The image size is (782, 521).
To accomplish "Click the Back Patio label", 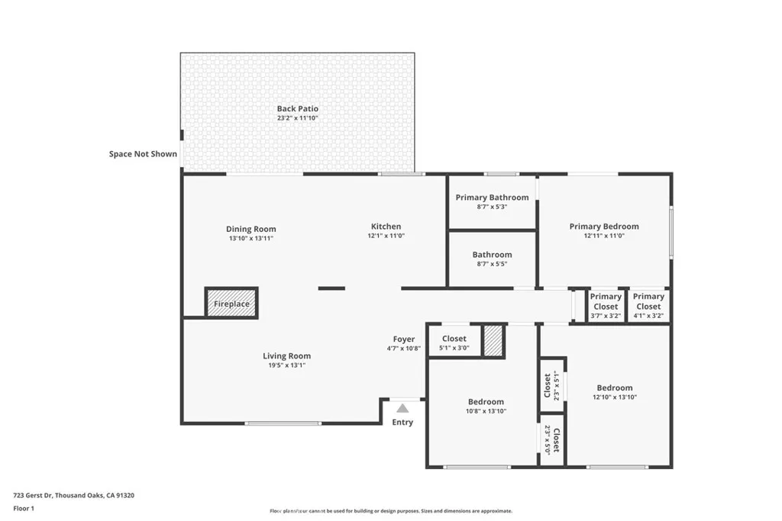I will tap(297, 109).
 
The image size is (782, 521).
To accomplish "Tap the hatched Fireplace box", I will tap(231, 303).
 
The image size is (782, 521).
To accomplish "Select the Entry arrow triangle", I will tap(402, 408).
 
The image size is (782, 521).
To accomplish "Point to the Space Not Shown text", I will tap(143, 154).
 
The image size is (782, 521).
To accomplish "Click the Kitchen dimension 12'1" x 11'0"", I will tap(386, 236).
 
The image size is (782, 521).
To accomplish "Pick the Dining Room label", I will tap(250, 229).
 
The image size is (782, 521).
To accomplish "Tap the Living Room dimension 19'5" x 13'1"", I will tap(286, 365).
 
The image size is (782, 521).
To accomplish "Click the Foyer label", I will tap(404, 339).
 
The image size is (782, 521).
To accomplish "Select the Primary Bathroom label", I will tap(492, 198).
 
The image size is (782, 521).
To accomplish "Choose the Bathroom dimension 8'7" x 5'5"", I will tap(492, 264).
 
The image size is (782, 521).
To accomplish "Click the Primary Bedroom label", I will tap(604, 227).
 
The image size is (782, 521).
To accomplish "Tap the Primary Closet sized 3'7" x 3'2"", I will tap(606, 306).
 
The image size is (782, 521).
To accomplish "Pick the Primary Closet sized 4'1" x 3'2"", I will tap(648, 306).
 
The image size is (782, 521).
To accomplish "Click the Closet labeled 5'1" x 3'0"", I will tap(454, 343).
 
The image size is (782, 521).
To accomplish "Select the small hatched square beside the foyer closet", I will tap(494, 341).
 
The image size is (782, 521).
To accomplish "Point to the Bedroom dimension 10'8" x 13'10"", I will tap(486, 411).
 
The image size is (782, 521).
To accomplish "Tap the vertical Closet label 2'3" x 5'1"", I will tap(551, 385).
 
